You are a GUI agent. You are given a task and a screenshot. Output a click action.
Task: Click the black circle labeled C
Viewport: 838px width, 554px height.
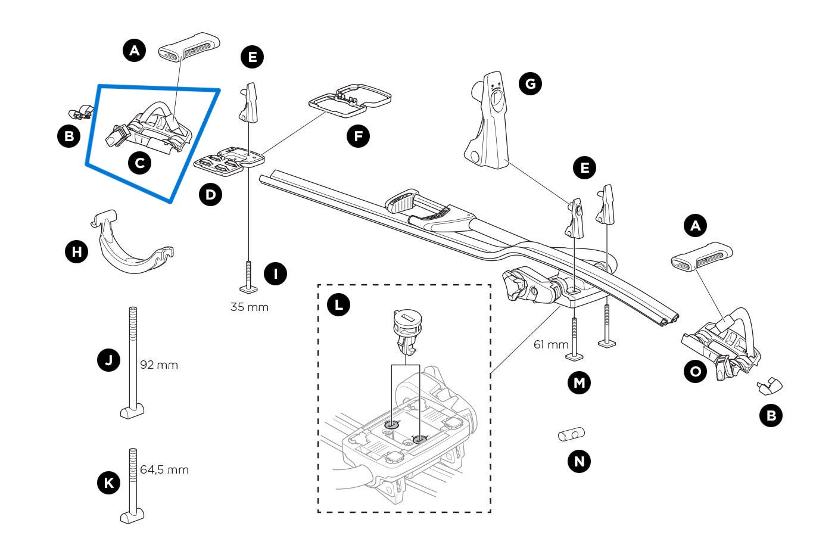coord(139,162)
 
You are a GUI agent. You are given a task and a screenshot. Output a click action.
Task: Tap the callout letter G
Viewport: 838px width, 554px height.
coord(530,83)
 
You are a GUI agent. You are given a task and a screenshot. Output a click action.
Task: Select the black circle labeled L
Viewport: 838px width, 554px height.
coord(338,305)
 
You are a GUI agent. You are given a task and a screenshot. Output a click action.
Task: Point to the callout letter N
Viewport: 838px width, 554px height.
coord(579,460)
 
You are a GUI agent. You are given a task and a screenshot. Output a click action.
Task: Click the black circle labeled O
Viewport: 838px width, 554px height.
coord(694,372)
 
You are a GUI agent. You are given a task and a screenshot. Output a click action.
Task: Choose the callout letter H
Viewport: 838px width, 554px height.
coord(76,251)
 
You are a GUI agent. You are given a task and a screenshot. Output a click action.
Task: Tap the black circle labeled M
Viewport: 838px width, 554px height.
coord(579,382)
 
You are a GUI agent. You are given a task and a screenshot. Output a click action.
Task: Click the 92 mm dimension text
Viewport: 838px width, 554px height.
coord(159,365)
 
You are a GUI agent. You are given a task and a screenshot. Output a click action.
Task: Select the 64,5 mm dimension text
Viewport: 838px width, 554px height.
coord(164,469)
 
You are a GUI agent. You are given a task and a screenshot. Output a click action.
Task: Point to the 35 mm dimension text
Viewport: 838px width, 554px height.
coord(250,307)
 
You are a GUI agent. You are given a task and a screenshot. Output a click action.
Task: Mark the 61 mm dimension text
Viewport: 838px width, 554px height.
coord(551,344)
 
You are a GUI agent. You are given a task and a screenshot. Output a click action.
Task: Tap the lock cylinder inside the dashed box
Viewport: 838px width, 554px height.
coord(406,331)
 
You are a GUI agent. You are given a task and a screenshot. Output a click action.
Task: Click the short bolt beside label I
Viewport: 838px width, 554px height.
coord(248,276)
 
